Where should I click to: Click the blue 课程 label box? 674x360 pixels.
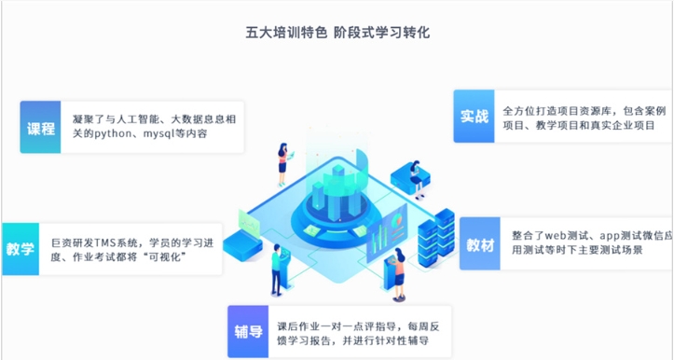click(x=40, y=127)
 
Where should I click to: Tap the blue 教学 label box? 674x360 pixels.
click(x=20, y=249)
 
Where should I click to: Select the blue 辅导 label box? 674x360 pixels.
click(x=248, y=331)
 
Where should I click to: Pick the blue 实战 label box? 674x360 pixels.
click(x=475, y=117)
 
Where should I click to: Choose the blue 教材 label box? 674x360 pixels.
click(x=481, y=244)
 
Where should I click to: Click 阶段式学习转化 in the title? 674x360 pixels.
click(x=381, y=33)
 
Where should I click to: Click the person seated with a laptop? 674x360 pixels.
click(x=405, y=172)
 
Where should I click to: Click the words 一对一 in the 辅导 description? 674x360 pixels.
click(x=342, y=326)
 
